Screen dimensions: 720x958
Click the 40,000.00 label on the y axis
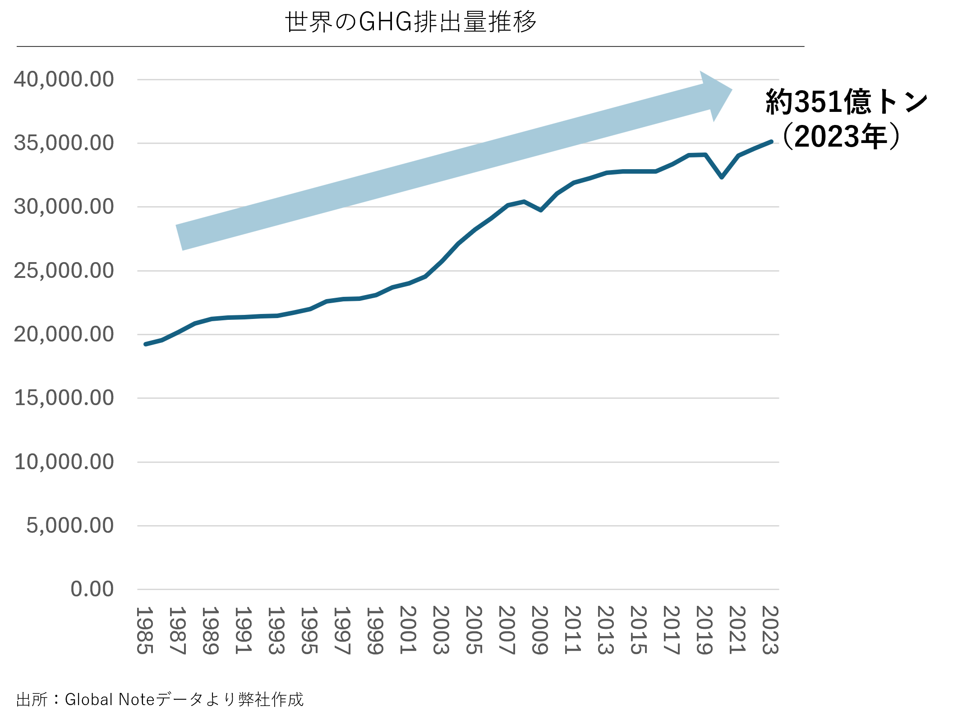pos(64,79)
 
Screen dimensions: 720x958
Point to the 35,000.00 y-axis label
pos(64,143)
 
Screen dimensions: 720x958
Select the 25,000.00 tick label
pos(64,271)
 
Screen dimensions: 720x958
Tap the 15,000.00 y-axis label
pos(64,398)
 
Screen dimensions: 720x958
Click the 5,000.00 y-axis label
pos(70,526)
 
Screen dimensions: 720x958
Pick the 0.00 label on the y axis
pos(92,589)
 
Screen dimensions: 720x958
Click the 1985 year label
pos(145,630)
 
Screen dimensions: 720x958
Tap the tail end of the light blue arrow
pos(180,237)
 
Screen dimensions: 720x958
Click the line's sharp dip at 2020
pos(722,177)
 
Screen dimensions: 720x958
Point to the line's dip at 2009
pos(541,210)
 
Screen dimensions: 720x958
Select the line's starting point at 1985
pos(145,344)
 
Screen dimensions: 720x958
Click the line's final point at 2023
pos(772,142)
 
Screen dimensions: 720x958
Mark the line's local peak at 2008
pos(524,201)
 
